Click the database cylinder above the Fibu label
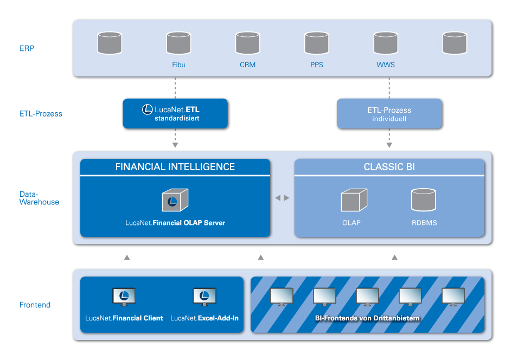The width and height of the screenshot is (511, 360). click(x=178, y=43)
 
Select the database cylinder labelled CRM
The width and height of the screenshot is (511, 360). click(x=247, y=43)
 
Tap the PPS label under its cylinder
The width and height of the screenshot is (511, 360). click(x=316, y=65)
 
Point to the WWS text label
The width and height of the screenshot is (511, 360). click(x=386, y=65)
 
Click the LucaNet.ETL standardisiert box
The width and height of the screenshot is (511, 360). click(x=175, y=113)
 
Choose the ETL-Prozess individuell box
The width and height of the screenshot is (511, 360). click(x=389, y=113)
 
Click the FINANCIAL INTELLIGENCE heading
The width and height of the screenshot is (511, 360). click(x=175, y=167)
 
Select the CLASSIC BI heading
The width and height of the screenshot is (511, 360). click(x=389, y=167)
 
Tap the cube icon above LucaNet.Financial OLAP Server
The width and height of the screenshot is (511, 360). click(x=175, y=201)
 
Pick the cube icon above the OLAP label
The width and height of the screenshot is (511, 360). click(x=354, y=200)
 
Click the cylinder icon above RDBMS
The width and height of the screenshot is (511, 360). click(x=424, y=200)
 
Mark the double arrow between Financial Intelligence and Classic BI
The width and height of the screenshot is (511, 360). click(x=282, y=198)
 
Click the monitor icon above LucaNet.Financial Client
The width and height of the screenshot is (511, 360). click(x=124, y=297)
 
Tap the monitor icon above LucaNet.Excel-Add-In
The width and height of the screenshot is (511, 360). click(x=205, y=297)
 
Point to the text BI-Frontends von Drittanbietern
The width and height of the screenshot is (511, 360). click(x=367, y=318)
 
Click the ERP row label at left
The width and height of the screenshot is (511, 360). click(x=27, y=48)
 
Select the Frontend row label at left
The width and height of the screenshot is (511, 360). click(x=35, y=305)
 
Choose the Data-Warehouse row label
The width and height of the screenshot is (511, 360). click(x=39, y=197)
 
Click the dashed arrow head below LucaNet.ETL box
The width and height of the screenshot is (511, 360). click(x=175, y=145)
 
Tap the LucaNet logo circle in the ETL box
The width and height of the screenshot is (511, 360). click(x=147, y=110)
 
